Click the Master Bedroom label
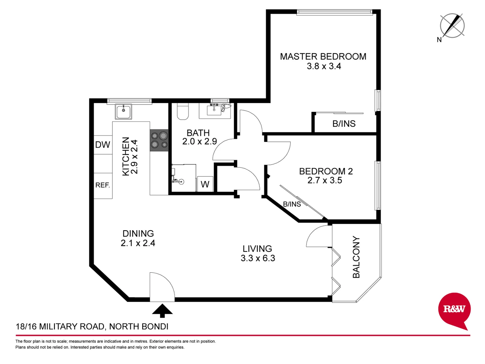323,57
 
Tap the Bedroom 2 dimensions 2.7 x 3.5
325,181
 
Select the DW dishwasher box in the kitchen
103,145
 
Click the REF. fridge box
103,185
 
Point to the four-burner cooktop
159,140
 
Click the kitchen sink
124,111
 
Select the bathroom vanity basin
214,110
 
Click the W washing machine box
205,184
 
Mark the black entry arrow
162,310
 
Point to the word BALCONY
356,257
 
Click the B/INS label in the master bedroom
344,124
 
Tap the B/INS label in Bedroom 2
292,204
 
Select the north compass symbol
452,26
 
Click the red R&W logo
454,309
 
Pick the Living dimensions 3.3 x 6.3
258,258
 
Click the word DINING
138,234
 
